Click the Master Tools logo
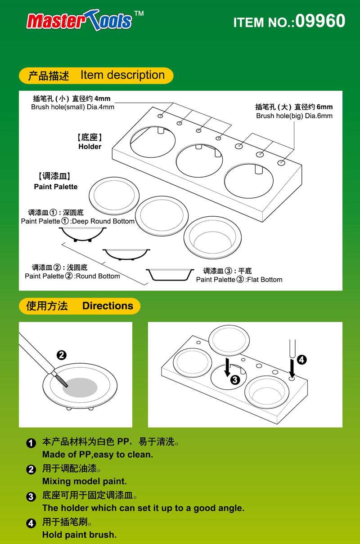pos(79,21)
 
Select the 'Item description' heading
pos(122,75)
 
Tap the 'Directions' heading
pos(108,306)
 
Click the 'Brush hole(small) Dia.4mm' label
pos(72,107)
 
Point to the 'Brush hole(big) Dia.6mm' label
pos(294,116)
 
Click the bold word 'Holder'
pos(90,147)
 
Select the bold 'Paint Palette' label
pos(56,187)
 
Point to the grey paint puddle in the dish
pos(80,387)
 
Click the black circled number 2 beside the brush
pos(61,355)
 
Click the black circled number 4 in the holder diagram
pos(302,359)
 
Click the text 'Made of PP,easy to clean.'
pos(98,455)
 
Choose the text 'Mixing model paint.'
pos(85,481)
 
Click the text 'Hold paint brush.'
pos(79,535)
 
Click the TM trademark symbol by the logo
pos(139,13)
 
